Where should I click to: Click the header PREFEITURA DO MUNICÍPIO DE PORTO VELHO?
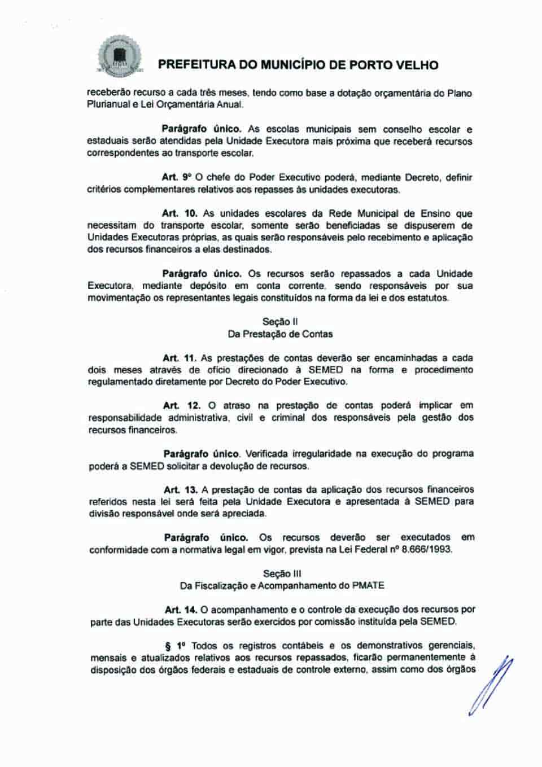coord(298,65)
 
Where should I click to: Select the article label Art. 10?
coord(179,213)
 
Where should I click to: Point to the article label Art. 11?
coord(179,358)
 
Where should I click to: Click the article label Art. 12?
coord(179,405)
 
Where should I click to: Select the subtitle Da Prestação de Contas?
coord(280,334)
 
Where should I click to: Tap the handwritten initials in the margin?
coord(491,686)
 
